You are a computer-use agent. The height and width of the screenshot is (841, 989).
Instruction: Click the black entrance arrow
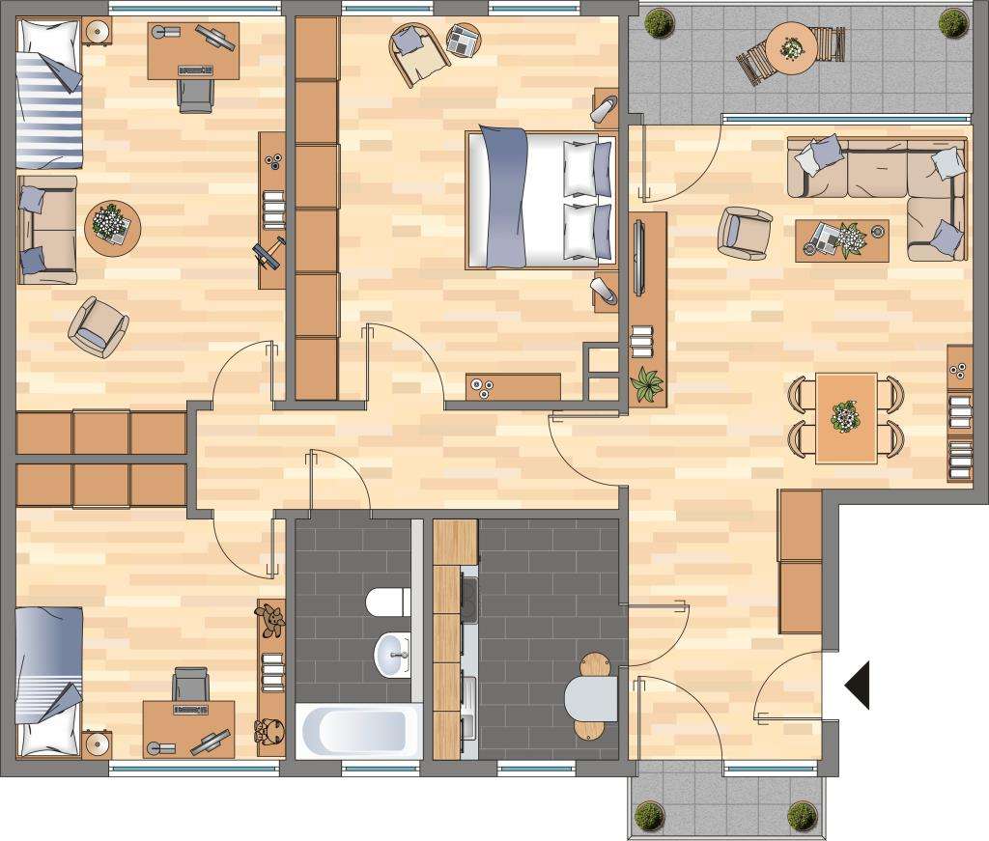pos(860,685)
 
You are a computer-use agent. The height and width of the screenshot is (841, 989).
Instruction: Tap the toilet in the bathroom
pos(388,603)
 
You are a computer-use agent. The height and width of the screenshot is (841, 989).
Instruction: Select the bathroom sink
pos(392,654)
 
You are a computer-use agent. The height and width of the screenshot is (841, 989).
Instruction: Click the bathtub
pos(358,732)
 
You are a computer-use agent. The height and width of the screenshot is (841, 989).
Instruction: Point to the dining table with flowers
pos(846,418)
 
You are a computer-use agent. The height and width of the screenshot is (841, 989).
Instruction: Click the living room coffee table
pos(841,239)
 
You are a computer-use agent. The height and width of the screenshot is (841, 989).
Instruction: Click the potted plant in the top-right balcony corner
pos(953,22)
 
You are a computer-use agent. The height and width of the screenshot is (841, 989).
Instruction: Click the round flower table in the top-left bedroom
pos(113,228)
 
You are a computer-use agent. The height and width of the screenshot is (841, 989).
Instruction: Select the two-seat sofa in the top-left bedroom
pos(46,230)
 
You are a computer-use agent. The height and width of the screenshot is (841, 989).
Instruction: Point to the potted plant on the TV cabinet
pos(646,384)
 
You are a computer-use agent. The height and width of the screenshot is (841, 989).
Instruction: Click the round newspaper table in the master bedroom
pos(465,41)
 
